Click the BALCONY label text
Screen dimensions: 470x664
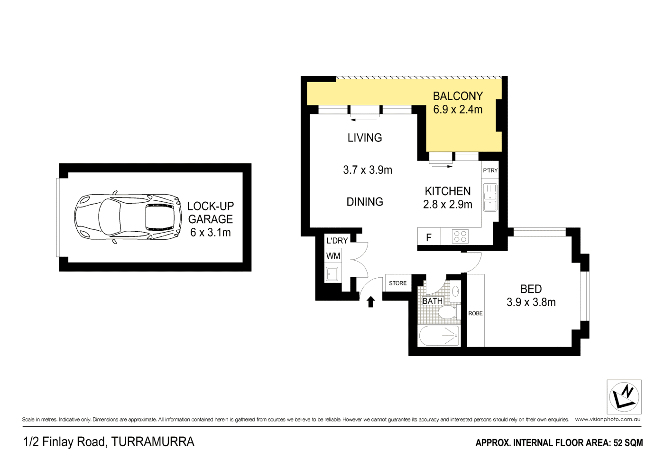pos(458,96)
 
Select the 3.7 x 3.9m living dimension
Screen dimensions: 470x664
pos(368,170)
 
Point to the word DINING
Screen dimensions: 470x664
pos(365,202)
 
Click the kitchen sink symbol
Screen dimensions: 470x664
pos(490,197)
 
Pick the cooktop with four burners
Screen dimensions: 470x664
pos(460,236)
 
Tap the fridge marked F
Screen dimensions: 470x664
pos(429,237)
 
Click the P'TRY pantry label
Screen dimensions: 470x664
pos(490,170)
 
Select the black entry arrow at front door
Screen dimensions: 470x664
pos(371,301)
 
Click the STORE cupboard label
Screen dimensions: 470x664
pos(398,283)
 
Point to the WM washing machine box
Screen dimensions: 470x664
pos(333,256)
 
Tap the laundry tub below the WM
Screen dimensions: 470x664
pos(332,274)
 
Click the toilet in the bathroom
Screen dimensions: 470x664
pos(446,312)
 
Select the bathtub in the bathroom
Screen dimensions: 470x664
pos(439,336)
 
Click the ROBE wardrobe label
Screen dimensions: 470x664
pos(475,313)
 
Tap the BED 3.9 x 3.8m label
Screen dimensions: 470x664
pos(531,295)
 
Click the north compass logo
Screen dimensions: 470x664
pos(624,397)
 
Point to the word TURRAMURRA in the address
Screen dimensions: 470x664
pos(153,442)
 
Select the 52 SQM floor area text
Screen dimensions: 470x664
pos(628,442)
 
